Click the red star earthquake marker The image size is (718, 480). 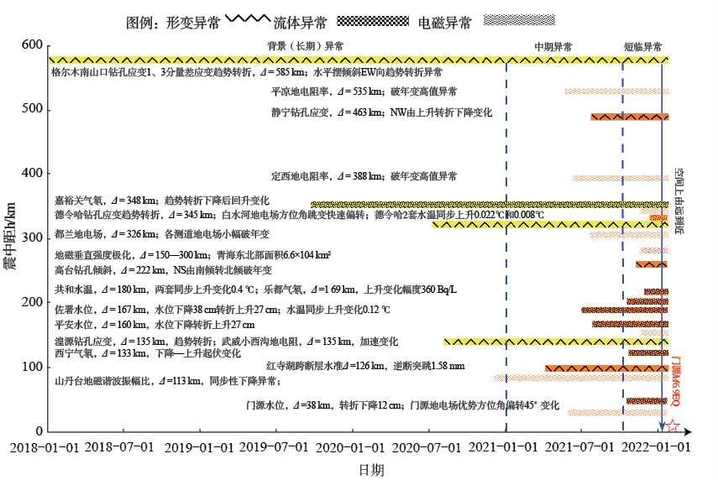pos(673,427)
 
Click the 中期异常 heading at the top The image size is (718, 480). pos(553,47)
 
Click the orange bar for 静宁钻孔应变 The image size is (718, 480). pos(629,117)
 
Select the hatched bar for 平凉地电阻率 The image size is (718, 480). pos(616,91)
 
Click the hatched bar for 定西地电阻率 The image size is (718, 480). pos(620,178)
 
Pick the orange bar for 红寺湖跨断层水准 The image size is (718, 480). pos(606,368)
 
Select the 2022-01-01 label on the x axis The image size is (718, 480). pos(662,447)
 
